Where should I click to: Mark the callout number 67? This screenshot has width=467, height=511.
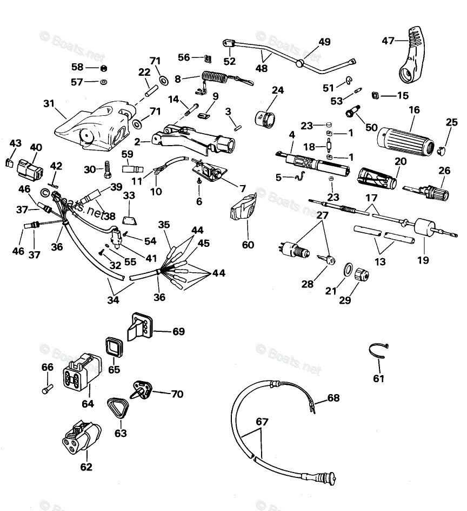click(262, 422)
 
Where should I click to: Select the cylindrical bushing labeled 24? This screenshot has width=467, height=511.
click(265, 117)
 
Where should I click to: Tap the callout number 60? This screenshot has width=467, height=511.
click(248, 244)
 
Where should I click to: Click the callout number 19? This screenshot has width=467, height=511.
click(423, 260)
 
